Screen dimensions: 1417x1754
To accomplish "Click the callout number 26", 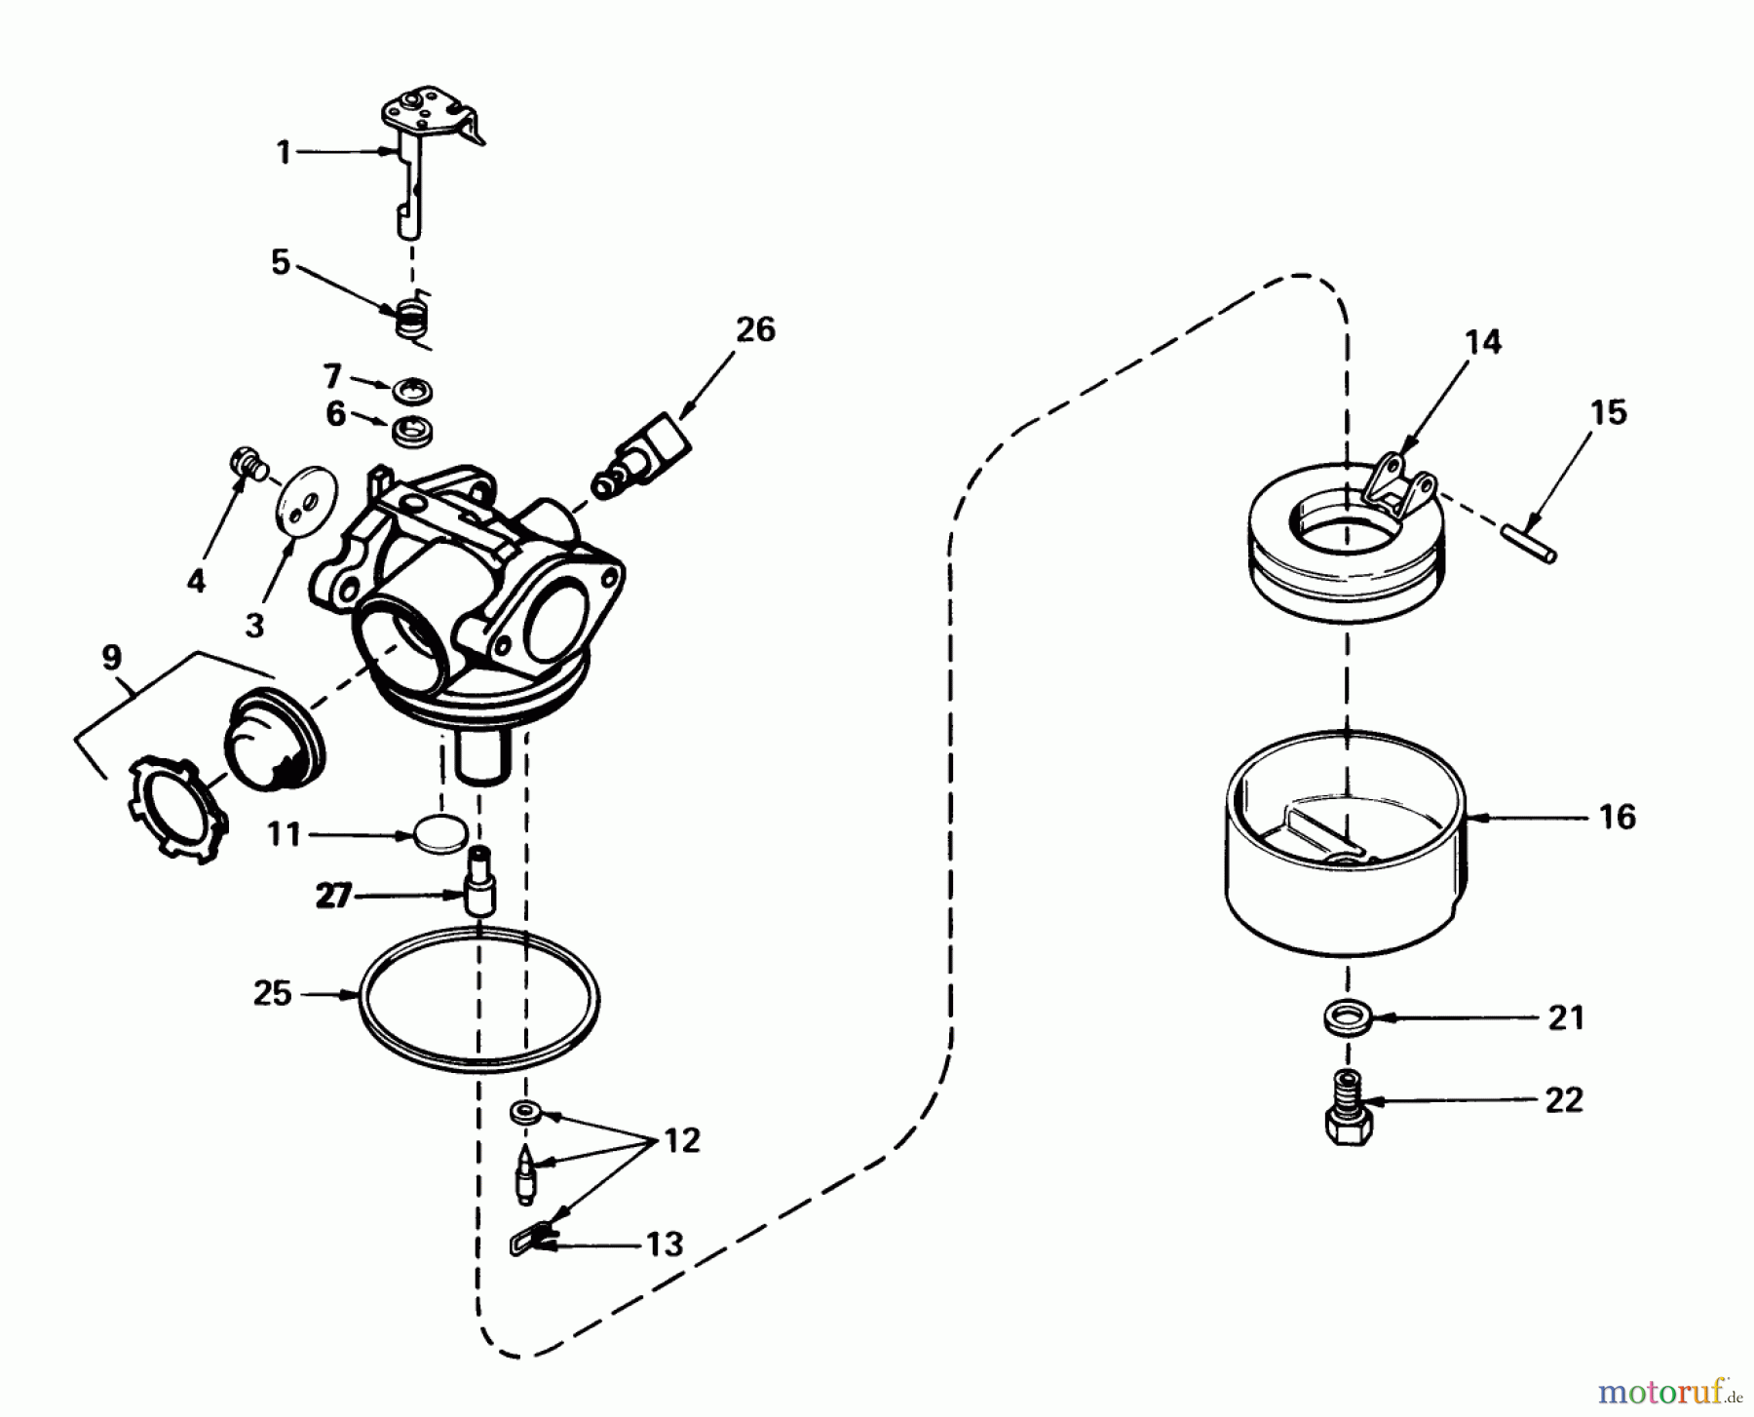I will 755,329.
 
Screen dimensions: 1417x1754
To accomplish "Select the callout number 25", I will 272,994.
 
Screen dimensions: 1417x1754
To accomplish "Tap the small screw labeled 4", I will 247,462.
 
